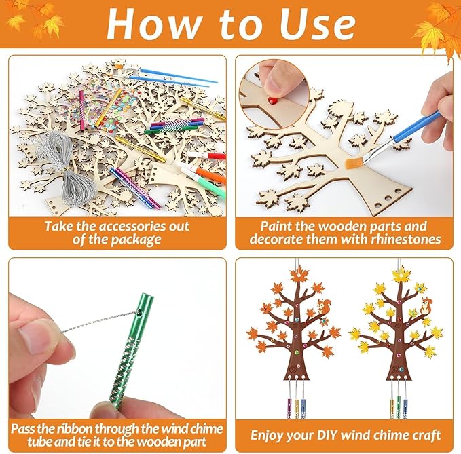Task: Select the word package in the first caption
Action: pyautogui.click(x=128, y=239)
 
